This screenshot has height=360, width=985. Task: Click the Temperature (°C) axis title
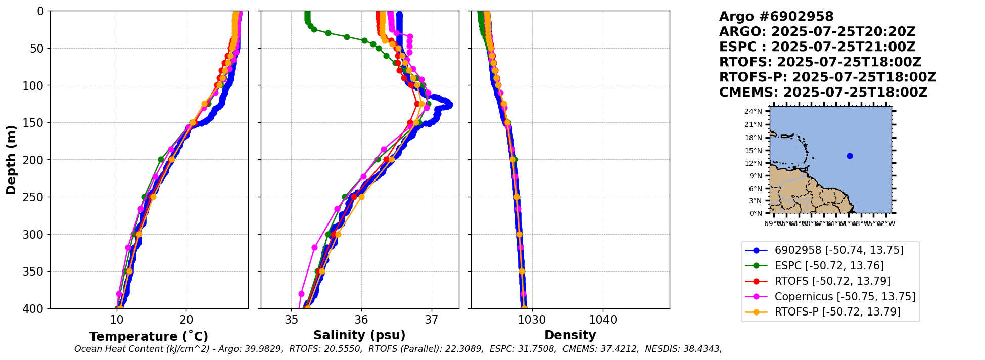pos(149,337)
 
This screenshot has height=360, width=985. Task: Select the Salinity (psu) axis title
pos(359,335)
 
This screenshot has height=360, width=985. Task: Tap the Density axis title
pos(570,335)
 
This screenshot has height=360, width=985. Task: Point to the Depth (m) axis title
pos(11,159)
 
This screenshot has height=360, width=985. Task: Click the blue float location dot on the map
pos(850,156)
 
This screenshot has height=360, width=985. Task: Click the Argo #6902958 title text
pos(776,17)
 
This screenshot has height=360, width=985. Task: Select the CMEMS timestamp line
pos(823,93)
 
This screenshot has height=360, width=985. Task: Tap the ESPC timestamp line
pos(817,47)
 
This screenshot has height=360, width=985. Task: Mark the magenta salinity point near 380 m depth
pos(301,294)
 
